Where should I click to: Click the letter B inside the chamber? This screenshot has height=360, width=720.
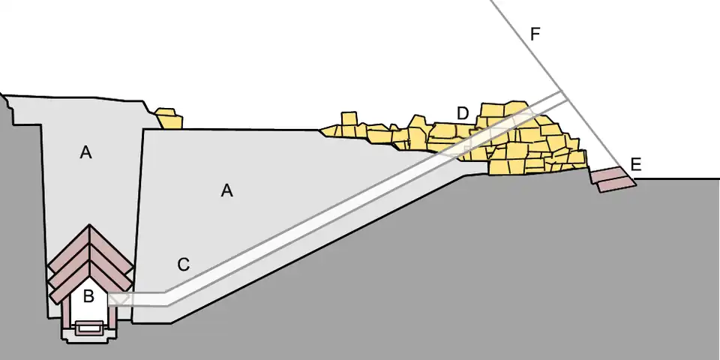coord(88,296)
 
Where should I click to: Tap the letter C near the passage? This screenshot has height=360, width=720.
coord(183,265)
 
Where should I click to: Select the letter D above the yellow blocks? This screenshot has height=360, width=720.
coord(463,113)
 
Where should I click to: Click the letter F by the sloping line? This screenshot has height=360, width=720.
coord(534,34)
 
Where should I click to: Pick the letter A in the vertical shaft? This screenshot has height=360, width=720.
coord(86,153)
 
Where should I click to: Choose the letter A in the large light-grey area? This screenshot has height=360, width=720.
coord(227,191)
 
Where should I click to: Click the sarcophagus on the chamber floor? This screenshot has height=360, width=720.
coord(89,327)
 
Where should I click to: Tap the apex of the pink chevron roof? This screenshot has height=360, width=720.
coord(89,226)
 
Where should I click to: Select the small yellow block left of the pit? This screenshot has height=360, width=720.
coord(169,118)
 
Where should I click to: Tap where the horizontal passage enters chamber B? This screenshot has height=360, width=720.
coord(112,299)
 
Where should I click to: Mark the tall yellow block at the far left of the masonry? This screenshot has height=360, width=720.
coord(349,121)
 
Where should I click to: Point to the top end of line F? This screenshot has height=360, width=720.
coord(493,2)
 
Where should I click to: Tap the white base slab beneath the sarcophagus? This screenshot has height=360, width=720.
coord(89,337)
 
